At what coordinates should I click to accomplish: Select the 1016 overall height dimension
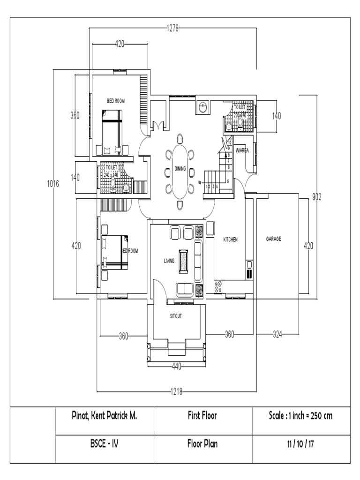tap(53, 184)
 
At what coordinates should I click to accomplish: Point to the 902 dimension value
tap(317, 197)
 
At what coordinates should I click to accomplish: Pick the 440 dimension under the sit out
tap(176, 367)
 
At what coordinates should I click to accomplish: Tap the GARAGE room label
tap(274, 239)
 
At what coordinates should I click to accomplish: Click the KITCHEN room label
tap(230, 239)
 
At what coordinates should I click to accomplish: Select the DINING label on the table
tap(180, 169)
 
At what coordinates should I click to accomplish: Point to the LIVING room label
tap(169, 261)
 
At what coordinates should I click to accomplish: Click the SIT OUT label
tap(176, 316)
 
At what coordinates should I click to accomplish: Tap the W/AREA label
tap(242, 150)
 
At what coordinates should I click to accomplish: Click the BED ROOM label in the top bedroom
tap(116, 101)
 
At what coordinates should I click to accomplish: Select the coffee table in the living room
tap(183, 261)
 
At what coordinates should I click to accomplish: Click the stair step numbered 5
tap(228, 181)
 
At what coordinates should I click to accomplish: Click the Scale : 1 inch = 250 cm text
tap(301, 416)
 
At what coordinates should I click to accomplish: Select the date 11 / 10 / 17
tap(301, 444)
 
